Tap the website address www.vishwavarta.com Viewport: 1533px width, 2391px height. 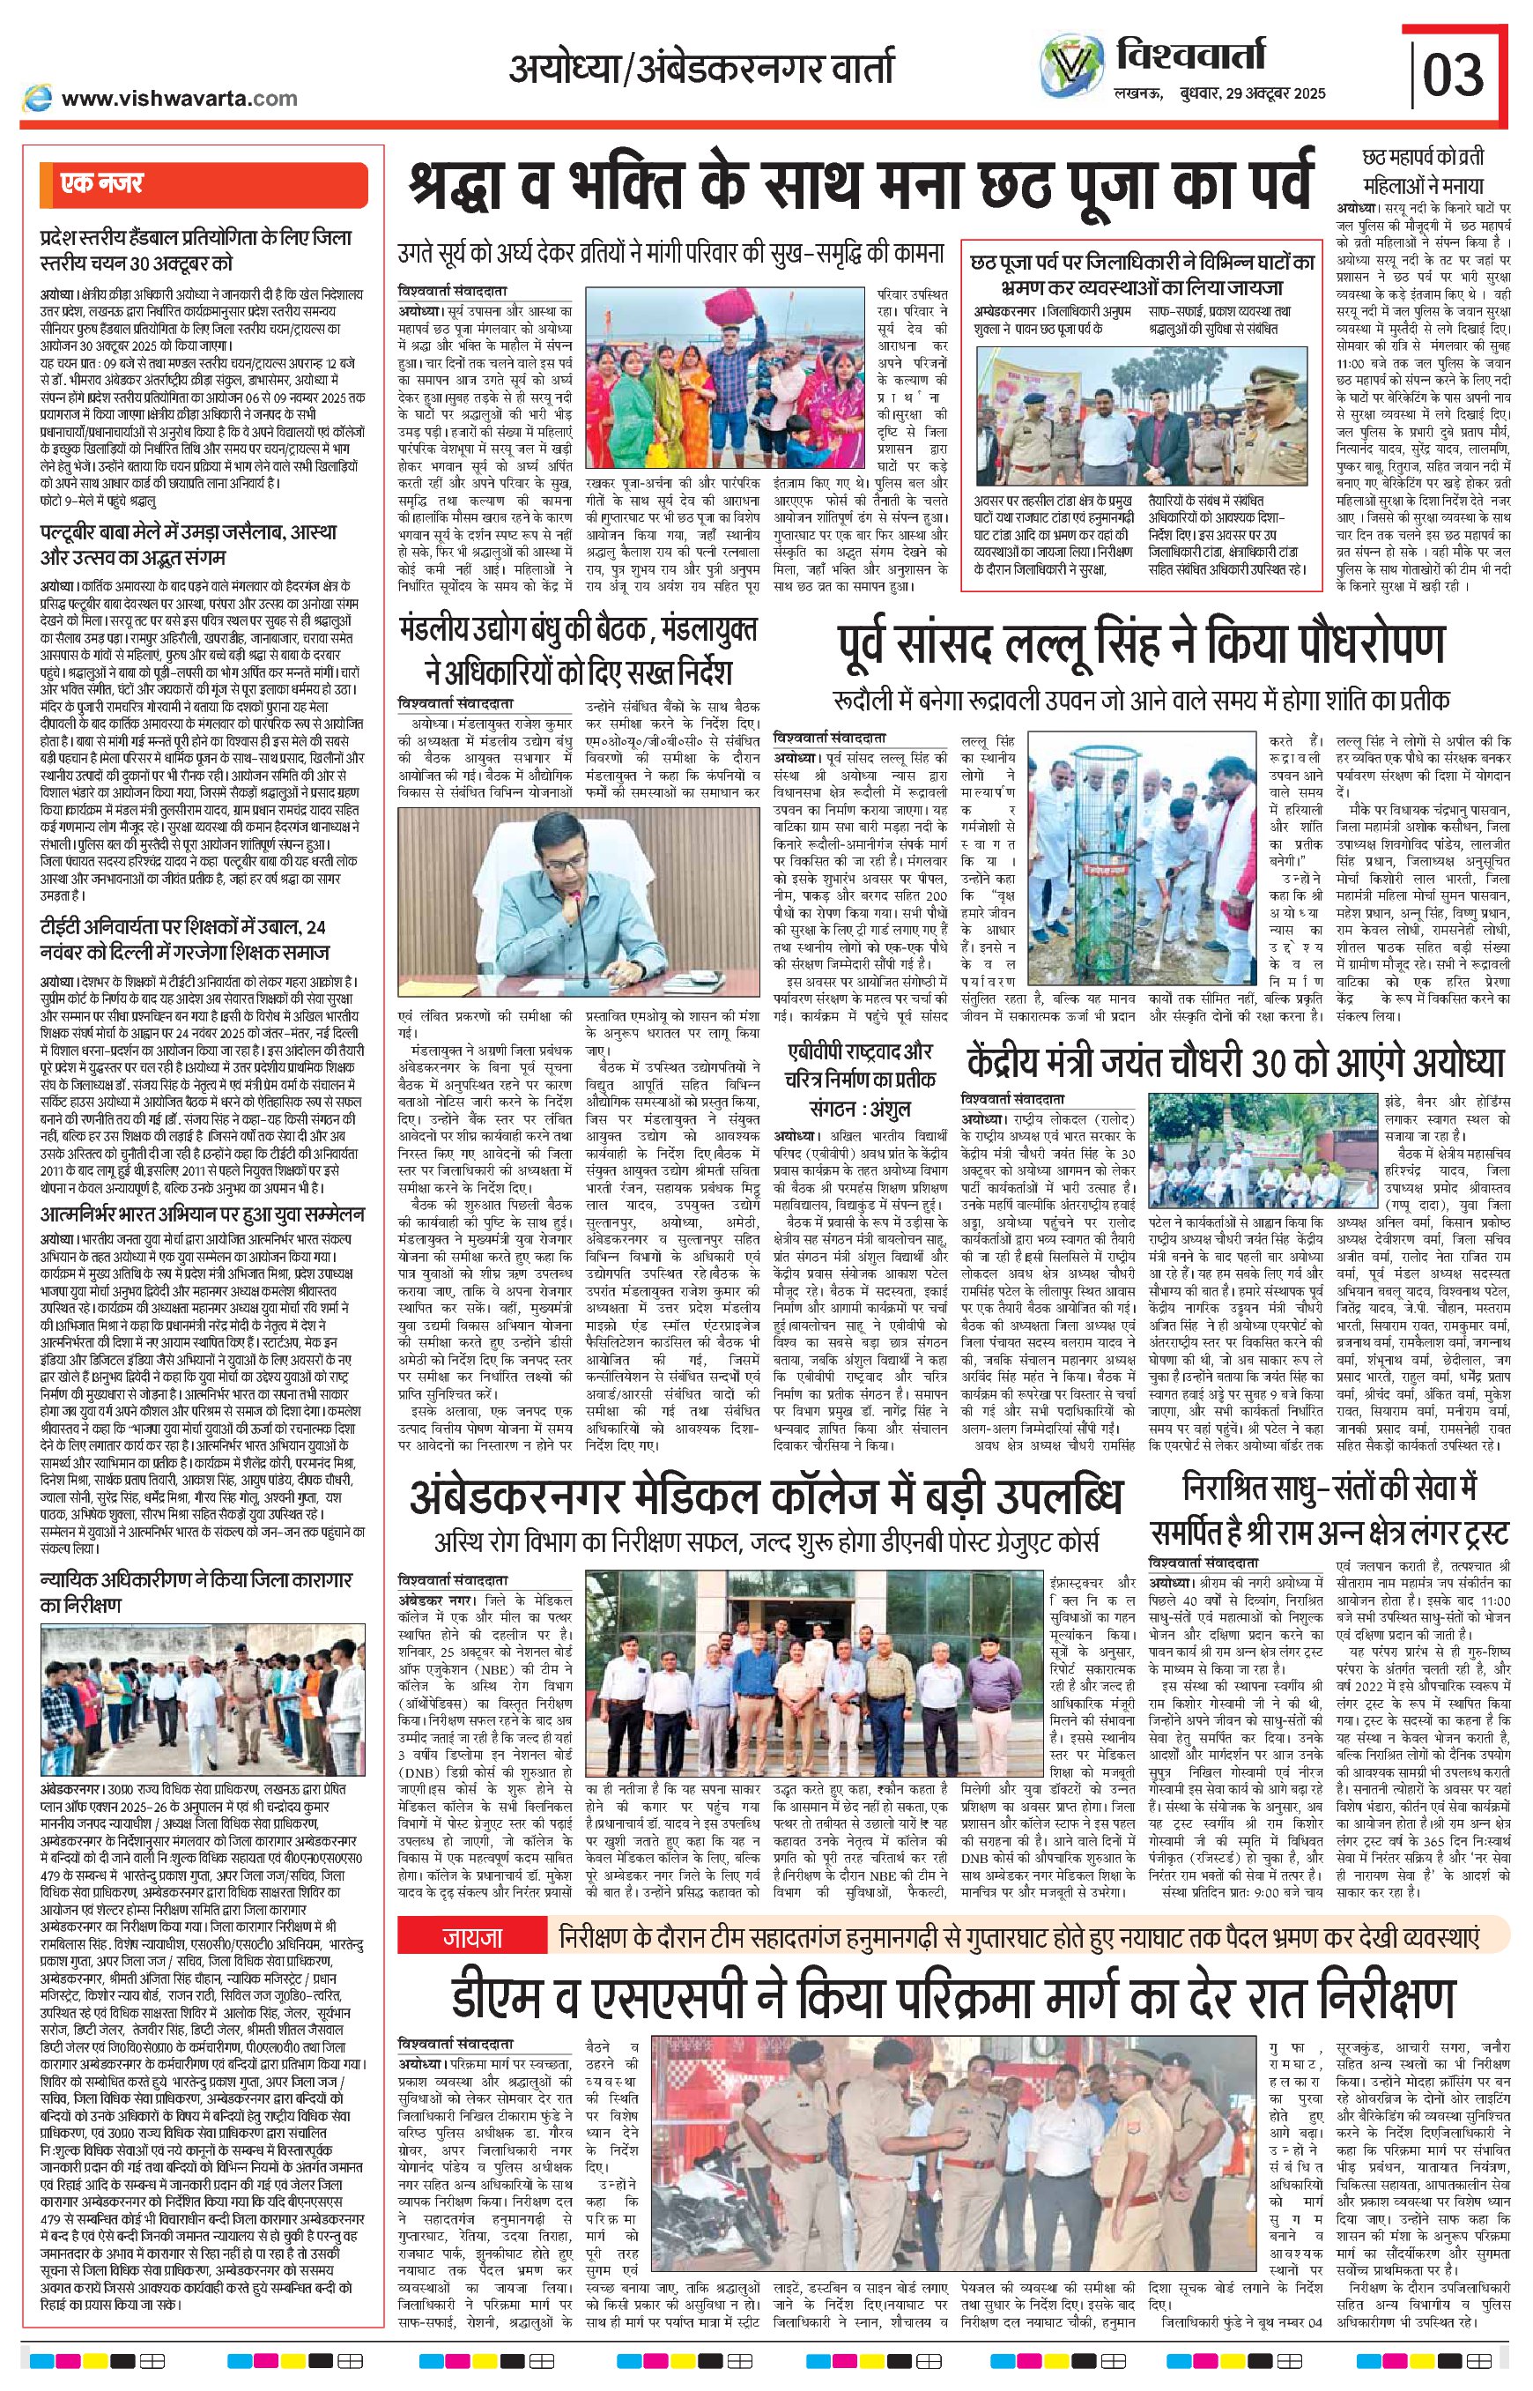179,98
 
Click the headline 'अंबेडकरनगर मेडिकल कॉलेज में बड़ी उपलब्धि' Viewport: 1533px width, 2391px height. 766,1494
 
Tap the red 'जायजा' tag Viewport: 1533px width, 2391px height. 470,1937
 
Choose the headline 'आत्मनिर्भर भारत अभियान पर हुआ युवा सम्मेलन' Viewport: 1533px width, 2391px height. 202,1215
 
